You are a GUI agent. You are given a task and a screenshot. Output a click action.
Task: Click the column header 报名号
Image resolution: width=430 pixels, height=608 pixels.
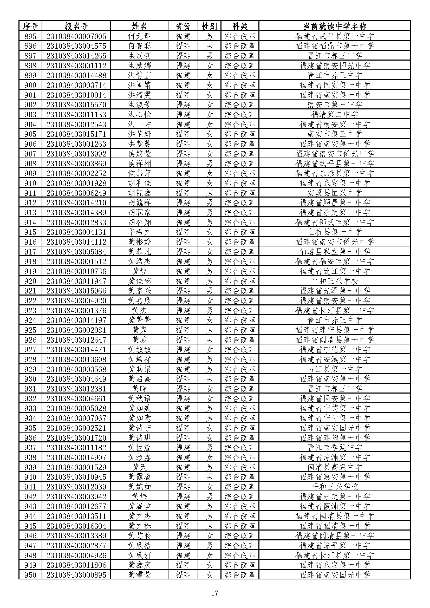click(x=76, y=26)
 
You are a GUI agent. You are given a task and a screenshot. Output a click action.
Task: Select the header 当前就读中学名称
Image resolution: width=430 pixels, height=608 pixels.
click(x=334, y=26)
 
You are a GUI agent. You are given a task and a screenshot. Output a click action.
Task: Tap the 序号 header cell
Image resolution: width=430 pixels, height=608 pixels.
click(x=30, y=26)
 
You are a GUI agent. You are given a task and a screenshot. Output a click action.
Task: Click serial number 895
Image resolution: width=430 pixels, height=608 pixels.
click(x=30, y=36)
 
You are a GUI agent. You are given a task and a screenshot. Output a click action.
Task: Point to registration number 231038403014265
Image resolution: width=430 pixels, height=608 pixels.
click(x=76, y=56)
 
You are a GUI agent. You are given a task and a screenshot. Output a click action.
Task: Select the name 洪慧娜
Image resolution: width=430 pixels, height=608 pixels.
click(x=139, y=66)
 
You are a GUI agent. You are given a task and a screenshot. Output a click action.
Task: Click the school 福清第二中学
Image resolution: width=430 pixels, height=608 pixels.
click(x=334, y=114)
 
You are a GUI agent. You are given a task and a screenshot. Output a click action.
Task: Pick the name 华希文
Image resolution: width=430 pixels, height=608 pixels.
click(x=139, y=232)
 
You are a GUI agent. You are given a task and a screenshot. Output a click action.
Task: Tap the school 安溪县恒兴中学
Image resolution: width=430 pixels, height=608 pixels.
click(x=334, y=193)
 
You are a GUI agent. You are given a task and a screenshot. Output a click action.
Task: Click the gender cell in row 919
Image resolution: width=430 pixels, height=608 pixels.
click(x=210, y=271)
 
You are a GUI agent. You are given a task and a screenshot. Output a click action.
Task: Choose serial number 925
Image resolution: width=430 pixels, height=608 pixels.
click(x=30, y=330)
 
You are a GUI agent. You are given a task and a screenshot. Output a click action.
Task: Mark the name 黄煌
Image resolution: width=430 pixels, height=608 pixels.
click(x=139, y=271)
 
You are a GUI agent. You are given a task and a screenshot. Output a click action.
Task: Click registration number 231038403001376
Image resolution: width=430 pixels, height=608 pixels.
click(x=76, y=310)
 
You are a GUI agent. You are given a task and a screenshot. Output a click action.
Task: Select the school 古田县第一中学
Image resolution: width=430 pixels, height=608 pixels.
click(x=334, y=369)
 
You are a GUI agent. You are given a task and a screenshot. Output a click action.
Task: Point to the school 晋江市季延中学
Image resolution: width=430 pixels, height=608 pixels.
click(x=334, y=448)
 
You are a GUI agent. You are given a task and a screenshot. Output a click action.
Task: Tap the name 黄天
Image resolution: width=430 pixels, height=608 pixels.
click(x=139, y=467)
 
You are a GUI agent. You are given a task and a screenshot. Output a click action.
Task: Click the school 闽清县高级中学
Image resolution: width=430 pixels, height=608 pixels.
click(x=334, y=467)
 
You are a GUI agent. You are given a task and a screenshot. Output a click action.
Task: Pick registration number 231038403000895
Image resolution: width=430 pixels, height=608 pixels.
click(x=76, y=575)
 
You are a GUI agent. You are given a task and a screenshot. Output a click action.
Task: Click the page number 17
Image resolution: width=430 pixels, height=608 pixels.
click(x=214, y=593)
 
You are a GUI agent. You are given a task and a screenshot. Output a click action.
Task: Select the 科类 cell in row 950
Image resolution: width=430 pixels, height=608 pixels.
click(x=240, y=575)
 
